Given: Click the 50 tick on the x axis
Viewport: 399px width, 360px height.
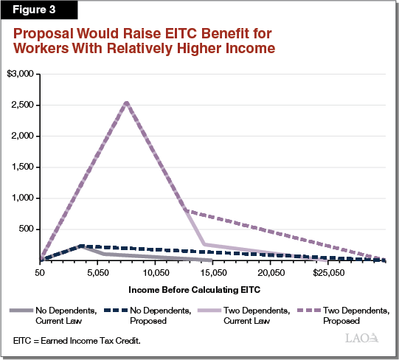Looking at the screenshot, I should coord(40,272).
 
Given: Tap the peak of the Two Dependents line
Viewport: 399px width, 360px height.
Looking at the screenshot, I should coord(127,103).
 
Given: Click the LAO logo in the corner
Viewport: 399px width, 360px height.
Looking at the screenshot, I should coord(361,339).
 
